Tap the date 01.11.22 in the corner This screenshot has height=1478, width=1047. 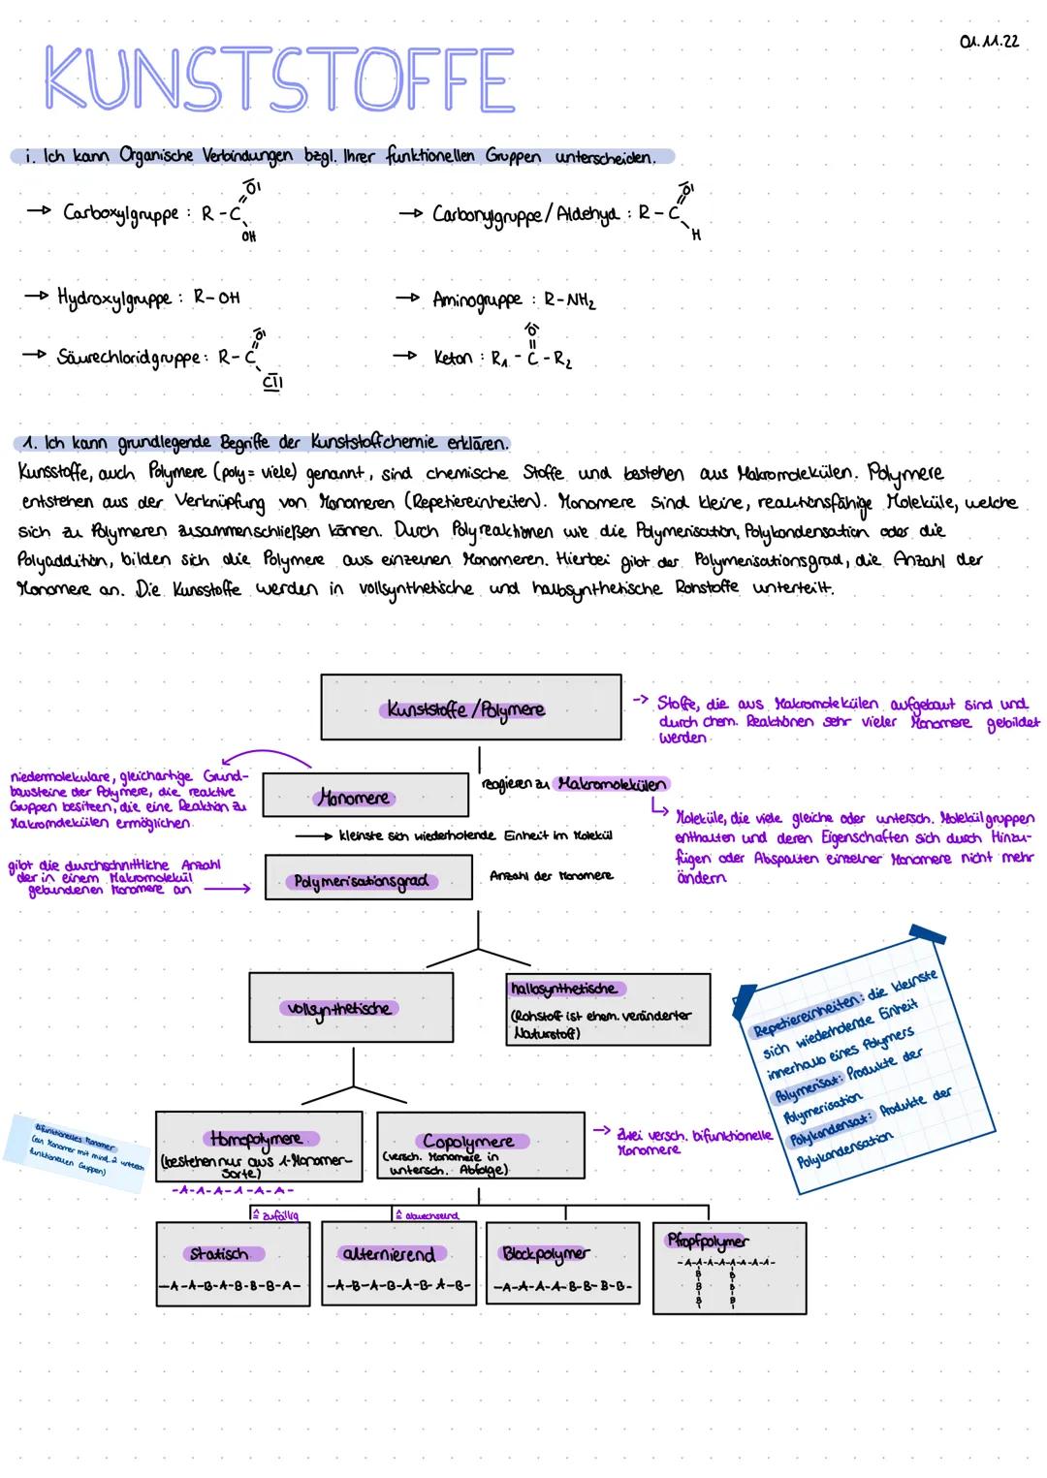click(988, 42)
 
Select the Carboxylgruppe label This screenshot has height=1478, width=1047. click(121, 212)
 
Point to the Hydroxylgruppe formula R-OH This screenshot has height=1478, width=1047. click(216, 298)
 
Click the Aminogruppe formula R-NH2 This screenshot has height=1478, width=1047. click(569, 300)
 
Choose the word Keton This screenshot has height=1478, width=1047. click(453, 358)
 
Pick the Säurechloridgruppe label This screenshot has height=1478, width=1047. click(131, 357)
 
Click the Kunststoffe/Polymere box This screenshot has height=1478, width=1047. click(470, 708)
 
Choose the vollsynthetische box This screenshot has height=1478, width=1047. click(350, 1008)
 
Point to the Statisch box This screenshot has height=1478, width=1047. click(233, 1264)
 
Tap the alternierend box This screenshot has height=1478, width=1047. click(398, 1264)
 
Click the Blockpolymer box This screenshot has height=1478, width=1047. click(562, 1264)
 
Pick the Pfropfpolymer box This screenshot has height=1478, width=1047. click(729, 1266)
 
